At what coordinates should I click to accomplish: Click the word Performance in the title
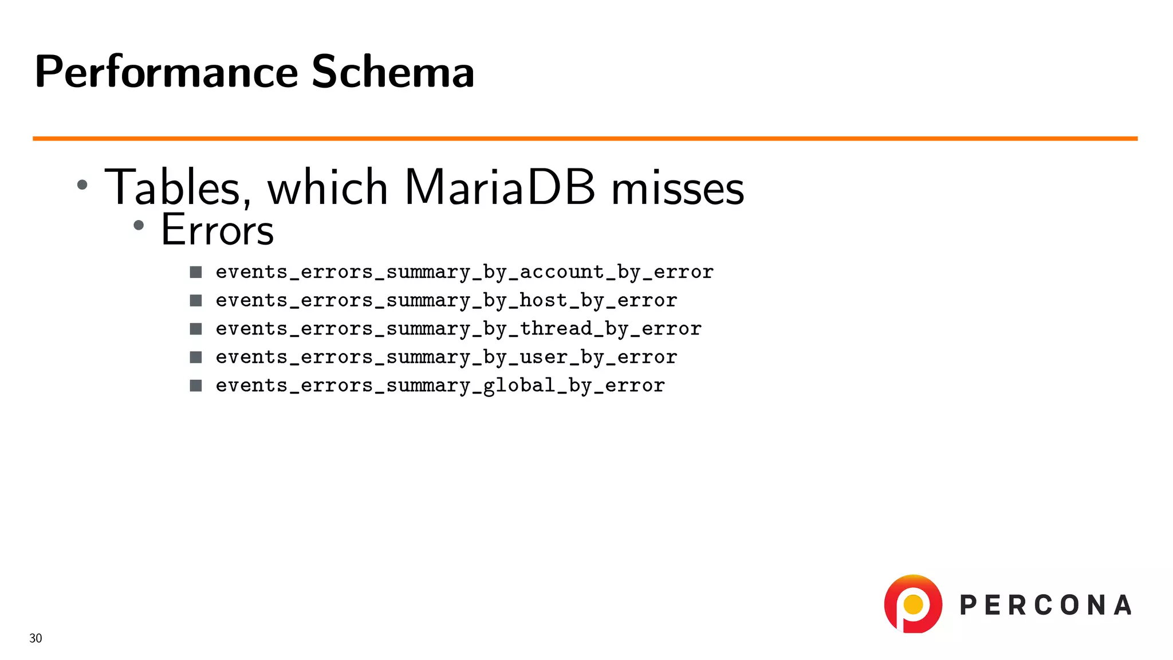pos(166,72)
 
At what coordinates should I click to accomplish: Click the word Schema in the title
pos(393,72)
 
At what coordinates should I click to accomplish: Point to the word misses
pos(678,188)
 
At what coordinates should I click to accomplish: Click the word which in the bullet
pos(328,187)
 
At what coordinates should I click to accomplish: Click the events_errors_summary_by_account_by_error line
pos(465,272)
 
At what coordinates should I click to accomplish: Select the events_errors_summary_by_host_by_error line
pos(446,300)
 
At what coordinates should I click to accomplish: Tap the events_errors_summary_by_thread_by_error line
pos(458,329)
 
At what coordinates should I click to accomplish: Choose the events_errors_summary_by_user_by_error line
pos(446,357)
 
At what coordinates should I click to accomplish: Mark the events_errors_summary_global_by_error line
pos(440,386)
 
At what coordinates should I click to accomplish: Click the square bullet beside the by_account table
pos(196,272)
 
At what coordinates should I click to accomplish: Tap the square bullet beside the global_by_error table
pos(196,386)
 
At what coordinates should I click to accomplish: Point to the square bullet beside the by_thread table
pos(196,329)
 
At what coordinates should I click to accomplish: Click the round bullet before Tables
pos(82,184)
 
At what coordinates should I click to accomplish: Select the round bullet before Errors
pos(139,226)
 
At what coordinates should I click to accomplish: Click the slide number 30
pos(36,638)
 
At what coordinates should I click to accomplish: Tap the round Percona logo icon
pos(913,604)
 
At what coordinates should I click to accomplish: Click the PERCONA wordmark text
pos(1046,606)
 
